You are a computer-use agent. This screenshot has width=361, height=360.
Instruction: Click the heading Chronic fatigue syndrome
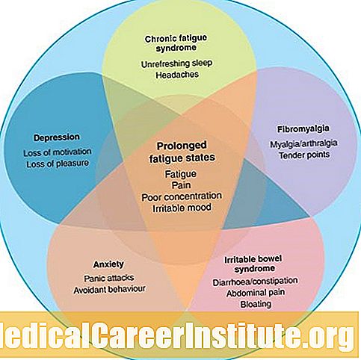[x=176, y=43]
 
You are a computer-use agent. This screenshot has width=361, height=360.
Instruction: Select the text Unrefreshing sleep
[x=176, y=63]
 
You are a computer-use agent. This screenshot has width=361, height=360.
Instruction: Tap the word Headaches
[x=177, y=75]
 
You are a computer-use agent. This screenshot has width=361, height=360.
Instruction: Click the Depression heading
[x=57, y=137]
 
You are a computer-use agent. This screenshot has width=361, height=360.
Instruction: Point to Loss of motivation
[x=58, y=152]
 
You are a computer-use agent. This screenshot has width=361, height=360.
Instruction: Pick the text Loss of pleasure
[x=58, y=164]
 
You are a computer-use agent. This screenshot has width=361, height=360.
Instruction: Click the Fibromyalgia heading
[x=303, y=129]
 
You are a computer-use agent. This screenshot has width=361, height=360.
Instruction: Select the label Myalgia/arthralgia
[x=303, y=143]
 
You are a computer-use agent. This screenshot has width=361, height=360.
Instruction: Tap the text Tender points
[x=304, y=155]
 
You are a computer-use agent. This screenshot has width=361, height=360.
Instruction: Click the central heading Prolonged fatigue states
[x=182, y=152]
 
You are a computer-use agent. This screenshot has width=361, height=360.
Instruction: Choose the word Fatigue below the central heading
[x=181, y=174]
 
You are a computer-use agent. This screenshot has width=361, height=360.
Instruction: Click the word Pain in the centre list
[x=182, y=185]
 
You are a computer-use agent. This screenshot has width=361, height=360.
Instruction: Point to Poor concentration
[x=182, y=196]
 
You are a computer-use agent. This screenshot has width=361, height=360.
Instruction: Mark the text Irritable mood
[x=182, y=208]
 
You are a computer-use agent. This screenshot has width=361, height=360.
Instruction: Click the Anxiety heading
[x=108, y=264]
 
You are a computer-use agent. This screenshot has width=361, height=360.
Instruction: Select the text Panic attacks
[x=109, y=278]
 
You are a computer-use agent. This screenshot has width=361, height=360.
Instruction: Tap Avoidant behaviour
[x=109, y=290]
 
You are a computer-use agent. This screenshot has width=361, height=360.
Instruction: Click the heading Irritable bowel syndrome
[x=253, y=264]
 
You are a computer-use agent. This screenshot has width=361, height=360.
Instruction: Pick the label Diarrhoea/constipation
[x=255, y=282]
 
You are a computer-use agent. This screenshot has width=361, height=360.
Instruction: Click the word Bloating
[x=256, y=304]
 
